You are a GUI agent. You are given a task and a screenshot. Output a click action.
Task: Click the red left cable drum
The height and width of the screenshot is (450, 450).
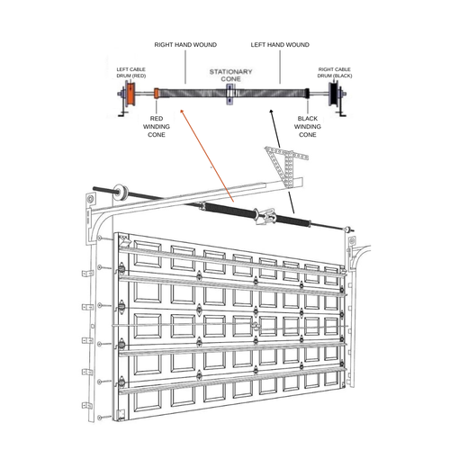(130, 93)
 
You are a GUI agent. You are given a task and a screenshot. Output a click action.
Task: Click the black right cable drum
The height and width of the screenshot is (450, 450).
(337, 94)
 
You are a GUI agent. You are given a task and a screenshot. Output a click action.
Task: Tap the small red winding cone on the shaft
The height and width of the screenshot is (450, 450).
(157, 93)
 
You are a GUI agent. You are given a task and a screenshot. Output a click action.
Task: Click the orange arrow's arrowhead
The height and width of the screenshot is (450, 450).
(178, 112)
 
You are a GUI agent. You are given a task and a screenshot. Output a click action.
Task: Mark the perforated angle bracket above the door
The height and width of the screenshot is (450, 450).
(283, 166)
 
